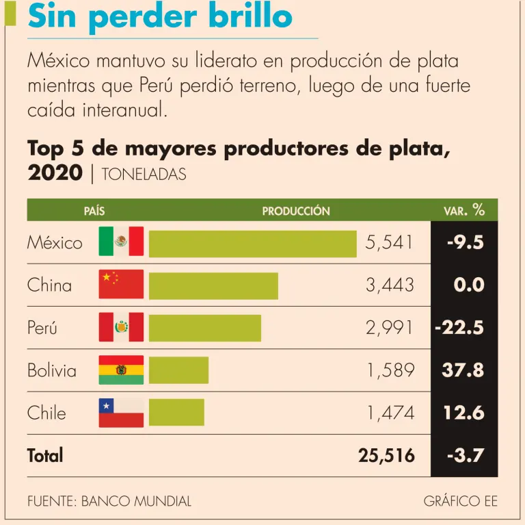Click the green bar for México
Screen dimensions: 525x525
tap(252, 244)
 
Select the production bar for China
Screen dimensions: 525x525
tap(213, 285)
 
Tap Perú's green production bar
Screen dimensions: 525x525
tap(204, 328)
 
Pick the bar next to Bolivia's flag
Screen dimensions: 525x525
tap(178, 370)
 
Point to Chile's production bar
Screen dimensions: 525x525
tap(176, 412)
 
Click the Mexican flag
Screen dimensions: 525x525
tap(121, 242)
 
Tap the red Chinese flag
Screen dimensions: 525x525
tap(121, 284)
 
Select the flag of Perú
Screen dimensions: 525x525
tap(121, 327)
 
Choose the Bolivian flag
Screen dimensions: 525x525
tap(121, 370)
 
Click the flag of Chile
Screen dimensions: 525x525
tap(121, 412)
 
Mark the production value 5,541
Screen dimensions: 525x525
tap(389, 243)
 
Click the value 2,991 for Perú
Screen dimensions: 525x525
tap(390, 328)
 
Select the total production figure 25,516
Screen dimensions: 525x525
tap(386, 455)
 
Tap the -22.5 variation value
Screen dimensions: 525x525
tap(459, 328)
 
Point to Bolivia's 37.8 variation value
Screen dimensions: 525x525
tap(463, 370)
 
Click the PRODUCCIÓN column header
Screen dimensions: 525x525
tap(296, 212)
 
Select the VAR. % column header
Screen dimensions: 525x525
tap(464, 211)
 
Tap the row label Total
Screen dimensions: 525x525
tap(45, 455)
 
